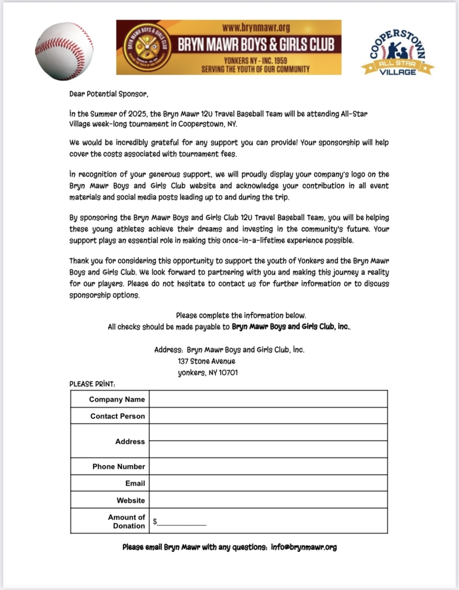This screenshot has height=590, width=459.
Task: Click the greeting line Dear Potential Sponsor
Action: (x=109, y=93)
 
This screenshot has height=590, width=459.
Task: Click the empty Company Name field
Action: (x=268, y=399)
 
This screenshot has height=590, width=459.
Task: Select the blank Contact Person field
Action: (x=268, y=416)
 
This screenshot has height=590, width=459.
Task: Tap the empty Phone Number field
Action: (x=268, y=467)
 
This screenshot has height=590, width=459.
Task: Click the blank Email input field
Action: (x=268, y=483)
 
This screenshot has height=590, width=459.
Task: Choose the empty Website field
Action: (x=268, y=500)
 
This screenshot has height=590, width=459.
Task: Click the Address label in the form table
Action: (x=130, y=441)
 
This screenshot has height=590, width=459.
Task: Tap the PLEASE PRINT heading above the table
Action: (x=92, y=384)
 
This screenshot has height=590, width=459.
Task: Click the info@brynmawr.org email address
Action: (x=304, y=547)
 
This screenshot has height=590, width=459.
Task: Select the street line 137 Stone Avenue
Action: (x=207, y=361)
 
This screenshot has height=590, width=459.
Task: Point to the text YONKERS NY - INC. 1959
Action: (x=256, y=60)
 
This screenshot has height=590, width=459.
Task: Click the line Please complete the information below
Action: (x=241, y=315)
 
